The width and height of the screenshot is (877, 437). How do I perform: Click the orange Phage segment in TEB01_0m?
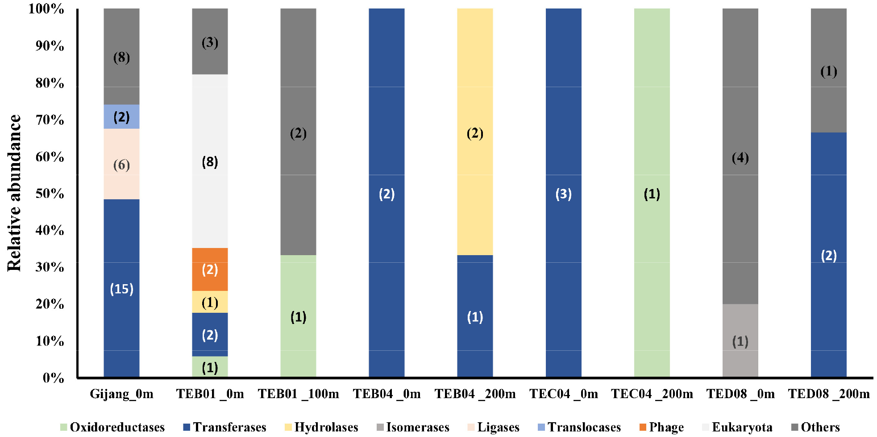click(x=210, y=269)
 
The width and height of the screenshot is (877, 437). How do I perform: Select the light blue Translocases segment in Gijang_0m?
click(x=121, y=117)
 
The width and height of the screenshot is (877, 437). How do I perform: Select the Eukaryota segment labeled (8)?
click(x=210, y=161)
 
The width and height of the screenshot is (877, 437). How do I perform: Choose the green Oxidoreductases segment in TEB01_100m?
click(x=298, y=316)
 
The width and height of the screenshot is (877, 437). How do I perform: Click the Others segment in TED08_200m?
click(x=828, y=71)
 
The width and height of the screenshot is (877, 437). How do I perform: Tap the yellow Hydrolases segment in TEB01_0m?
click(x=210, y=302)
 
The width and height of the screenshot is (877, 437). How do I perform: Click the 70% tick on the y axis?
click(x=50, y=120)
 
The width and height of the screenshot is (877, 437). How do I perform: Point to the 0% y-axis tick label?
click(x=53, y=378)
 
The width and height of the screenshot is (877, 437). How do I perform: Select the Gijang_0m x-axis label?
click(x=121, y=394)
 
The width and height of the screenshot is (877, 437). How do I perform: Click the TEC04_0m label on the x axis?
click(x=563, y=394)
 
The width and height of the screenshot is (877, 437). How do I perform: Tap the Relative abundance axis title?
click(x=14, y=193)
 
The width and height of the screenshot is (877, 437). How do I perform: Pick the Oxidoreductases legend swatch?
click(x=64, y=427)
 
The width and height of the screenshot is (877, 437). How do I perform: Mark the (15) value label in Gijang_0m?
click(x=121, y=289)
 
